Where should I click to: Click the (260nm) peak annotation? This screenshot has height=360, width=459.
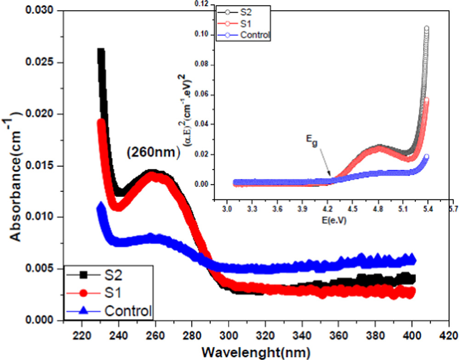[x=151, y=153]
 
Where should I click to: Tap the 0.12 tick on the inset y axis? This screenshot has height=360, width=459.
[x=202, y=4]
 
